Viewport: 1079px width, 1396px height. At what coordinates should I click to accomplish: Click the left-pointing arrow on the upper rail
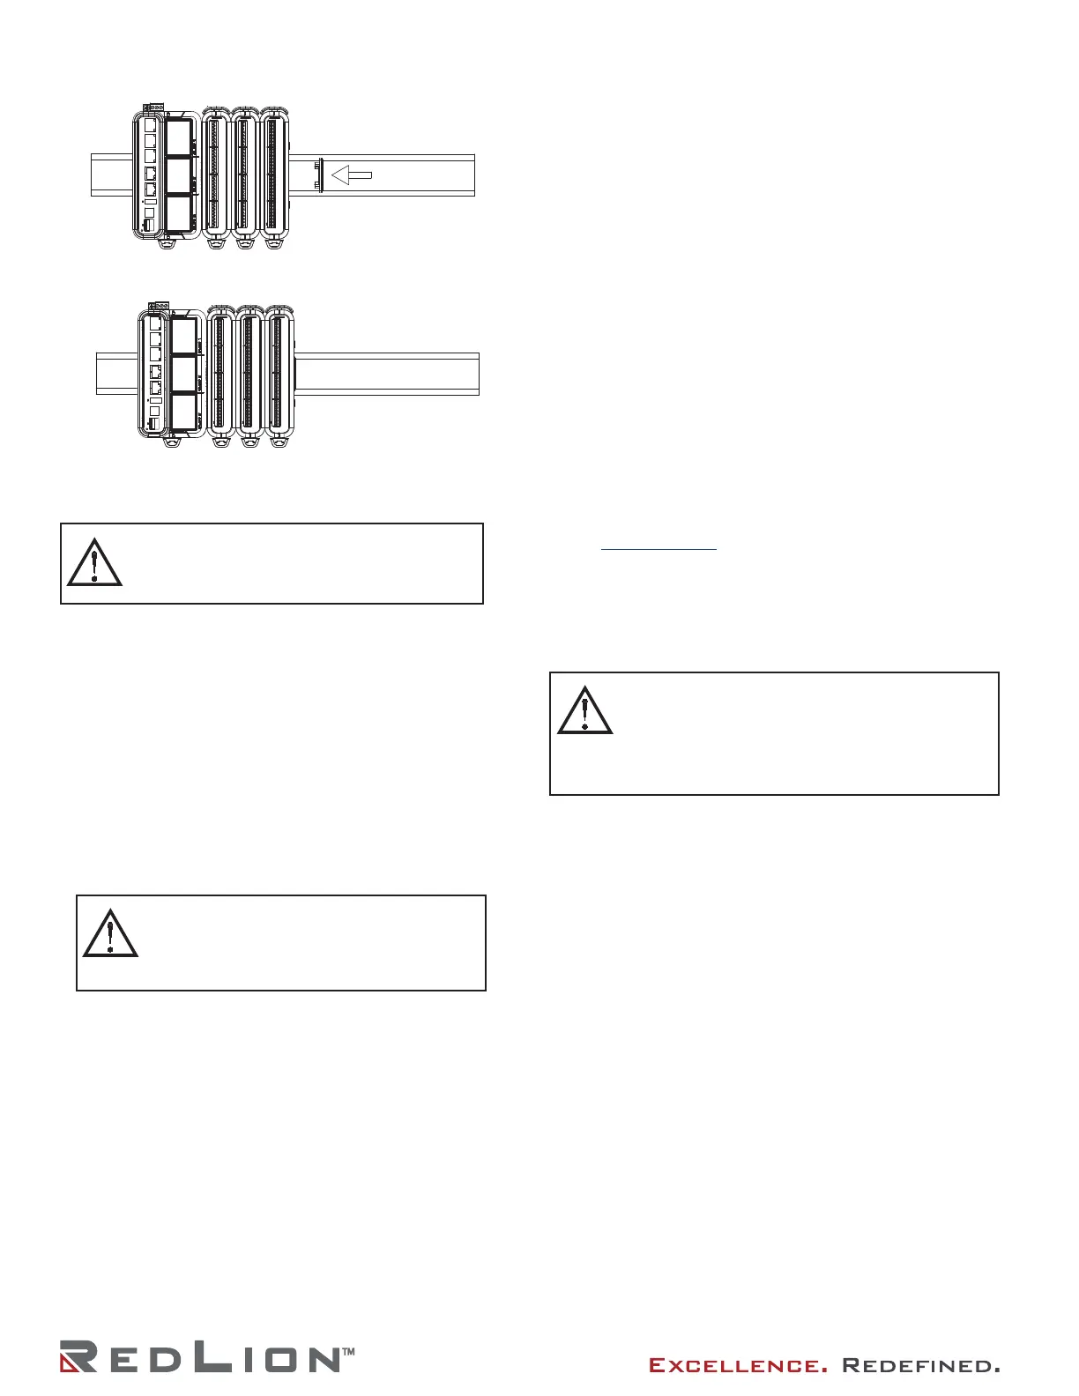click(x=351, y=176)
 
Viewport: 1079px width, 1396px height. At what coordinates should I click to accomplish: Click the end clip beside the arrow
click(x=321, y=174)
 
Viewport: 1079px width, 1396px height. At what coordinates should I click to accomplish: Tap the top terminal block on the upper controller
click(x=154, y=108)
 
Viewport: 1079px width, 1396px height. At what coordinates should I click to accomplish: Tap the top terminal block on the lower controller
click(x=160, y=306)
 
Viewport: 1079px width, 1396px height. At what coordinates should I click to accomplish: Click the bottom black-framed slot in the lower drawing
click(x=183, y=412)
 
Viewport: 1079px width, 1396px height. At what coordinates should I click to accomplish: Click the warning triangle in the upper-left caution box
click(x=94, y=561)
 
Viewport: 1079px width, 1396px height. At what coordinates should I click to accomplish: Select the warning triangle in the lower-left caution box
click(x=110, y=932)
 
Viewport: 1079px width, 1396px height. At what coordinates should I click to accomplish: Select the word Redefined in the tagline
click(x=920, y=1366)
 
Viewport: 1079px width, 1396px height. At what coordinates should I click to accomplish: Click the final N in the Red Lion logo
click(x=321, y=1359)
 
